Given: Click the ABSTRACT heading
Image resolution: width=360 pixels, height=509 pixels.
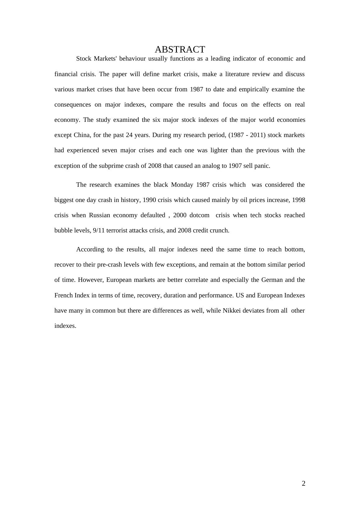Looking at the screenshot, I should coord(180,49).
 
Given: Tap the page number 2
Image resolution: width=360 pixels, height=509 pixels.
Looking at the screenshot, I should coord(303,483).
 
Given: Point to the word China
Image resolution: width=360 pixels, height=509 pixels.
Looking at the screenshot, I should coord(82,135).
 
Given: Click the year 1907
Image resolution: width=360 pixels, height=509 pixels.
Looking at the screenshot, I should coord(235,166).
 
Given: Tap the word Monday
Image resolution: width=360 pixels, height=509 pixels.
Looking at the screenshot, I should coord(182,185).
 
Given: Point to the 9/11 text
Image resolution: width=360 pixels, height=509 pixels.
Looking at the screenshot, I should coord(99,231).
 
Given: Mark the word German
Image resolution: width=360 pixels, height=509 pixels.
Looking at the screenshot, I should coord(272,280).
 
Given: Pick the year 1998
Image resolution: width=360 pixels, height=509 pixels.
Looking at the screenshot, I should coord(298,200).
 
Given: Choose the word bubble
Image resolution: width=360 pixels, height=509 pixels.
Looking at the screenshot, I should coord(64,231).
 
